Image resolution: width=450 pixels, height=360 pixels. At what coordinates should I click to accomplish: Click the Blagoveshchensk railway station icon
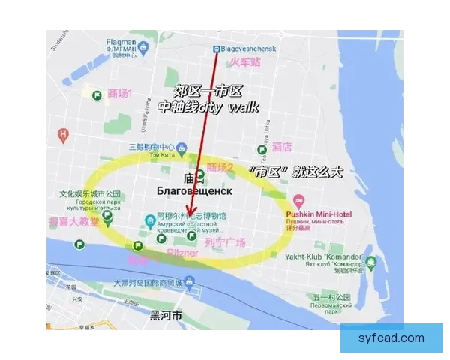click(x=217, y=49)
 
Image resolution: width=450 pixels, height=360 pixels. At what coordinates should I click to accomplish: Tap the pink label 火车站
click(x=244, y=63)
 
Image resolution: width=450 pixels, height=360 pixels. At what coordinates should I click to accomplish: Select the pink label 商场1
click(x=119, y=94)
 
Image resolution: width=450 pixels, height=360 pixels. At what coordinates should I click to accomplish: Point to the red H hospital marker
click(x=63, y=135)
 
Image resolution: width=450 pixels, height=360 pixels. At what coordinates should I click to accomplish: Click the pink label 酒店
click(x=282, y=147)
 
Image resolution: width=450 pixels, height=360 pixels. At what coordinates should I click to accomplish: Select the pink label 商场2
click(x=220, y=167)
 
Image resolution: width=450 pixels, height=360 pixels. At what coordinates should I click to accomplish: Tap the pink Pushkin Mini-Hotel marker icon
click(x=298, y=201)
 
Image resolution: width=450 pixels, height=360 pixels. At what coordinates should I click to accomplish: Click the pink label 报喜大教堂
click(x=73, y=222)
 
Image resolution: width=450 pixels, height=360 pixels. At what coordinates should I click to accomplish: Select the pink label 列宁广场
click(x=224, y=241)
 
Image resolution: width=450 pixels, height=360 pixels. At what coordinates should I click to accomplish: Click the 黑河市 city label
click(x=166, y=316)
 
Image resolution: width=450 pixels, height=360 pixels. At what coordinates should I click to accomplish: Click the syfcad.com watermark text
click(x=391, y=338)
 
